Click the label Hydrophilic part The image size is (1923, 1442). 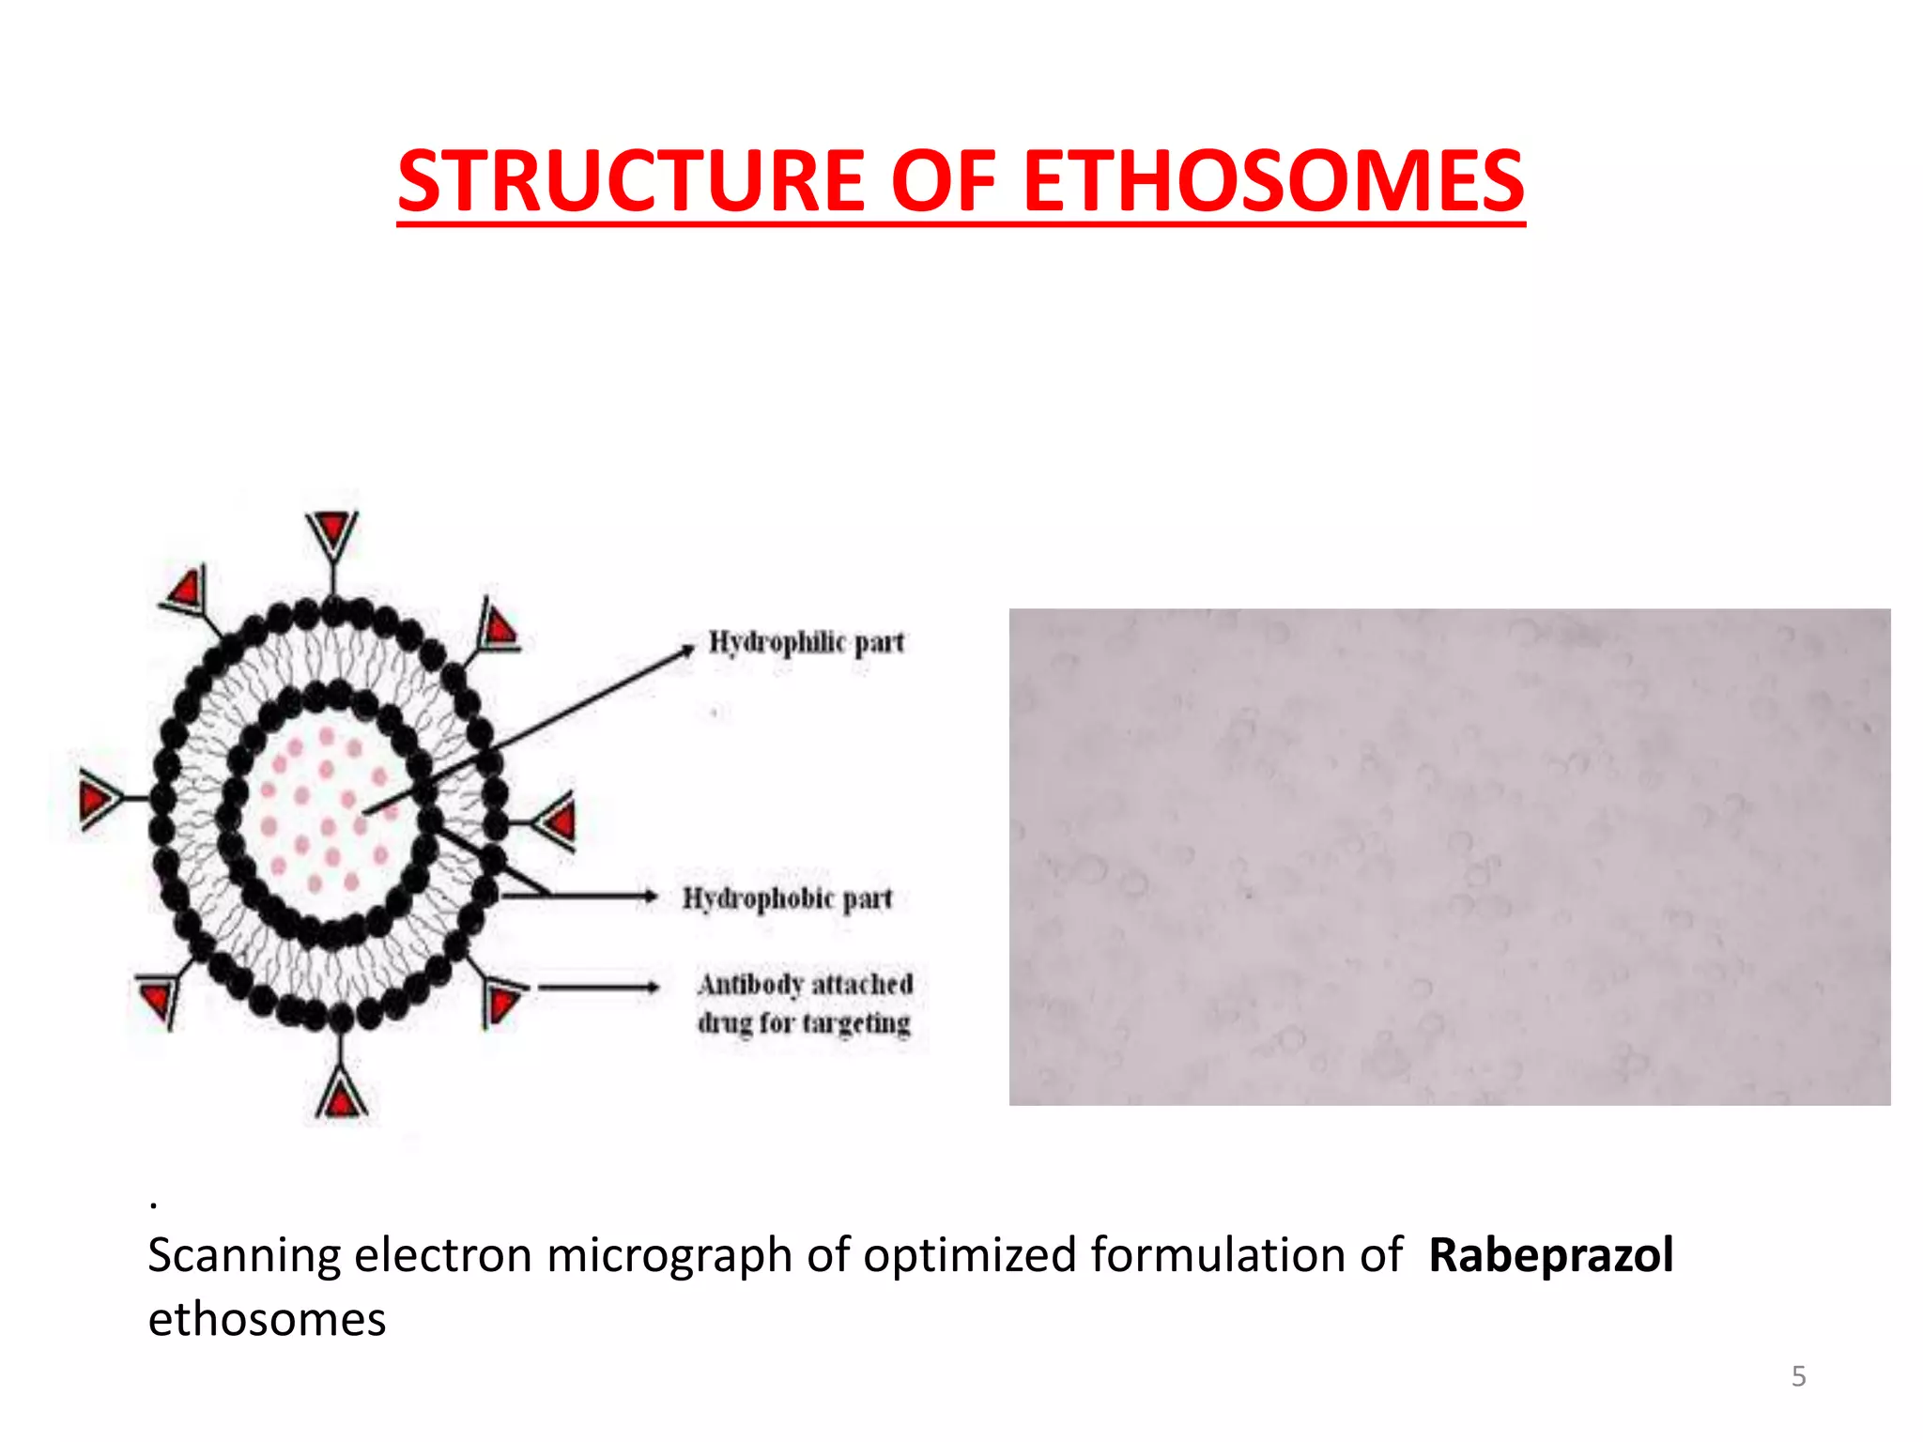tap(806, 642)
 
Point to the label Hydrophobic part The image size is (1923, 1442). tap(787, 898)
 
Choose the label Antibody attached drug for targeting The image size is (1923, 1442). tap(805, 1003)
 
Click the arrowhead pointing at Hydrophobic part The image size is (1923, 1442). tap(649, 897)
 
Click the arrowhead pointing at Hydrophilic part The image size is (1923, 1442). tap(688, 649)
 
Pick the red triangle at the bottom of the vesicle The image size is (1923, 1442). tap(341, 1097)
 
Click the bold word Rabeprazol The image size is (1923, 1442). tap(1550, 1255)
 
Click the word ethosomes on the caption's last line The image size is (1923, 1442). tap(267, 1319)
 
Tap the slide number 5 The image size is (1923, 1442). tap(1798, 1376)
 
